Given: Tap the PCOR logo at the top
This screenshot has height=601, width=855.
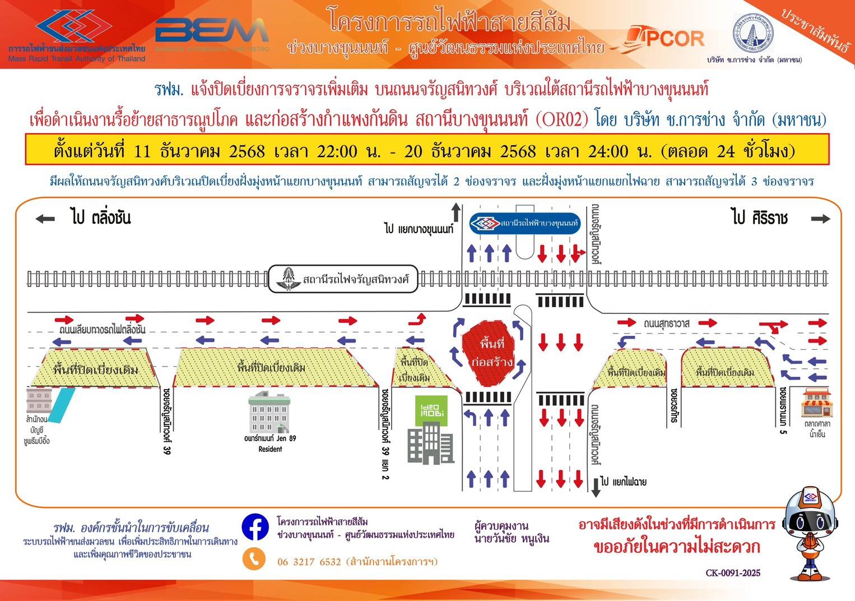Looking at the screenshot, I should [x=667, y=38].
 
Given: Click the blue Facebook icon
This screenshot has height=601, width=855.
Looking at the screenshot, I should [x=255, y=527].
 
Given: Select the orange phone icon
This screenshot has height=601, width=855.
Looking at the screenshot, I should [x=254, y=559].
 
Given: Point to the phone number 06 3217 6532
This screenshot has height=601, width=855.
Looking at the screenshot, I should [x=309, y=562].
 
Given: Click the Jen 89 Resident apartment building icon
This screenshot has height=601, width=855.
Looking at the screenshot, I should [x=269, y=412].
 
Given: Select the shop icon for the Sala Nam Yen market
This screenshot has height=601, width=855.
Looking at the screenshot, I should [x=816, y=403].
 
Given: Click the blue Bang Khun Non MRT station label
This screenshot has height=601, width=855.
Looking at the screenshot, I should [x=524, y=223].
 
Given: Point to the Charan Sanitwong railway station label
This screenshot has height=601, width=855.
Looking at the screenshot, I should [x=343, y=279].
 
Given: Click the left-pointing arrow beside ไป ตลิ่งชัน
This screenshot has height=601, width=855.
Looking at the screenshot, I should [x=45, y=219].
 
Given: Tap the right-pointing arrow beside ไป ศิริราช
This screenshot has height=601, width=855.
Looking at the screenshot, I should [x=820, y=219].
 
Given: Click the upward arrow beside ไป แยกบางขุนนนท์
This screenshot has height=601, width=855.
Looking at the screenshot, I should [x=456, y=213].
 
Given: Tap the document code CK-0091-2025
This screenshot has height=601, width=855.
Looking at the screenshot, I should [x=733, y=573].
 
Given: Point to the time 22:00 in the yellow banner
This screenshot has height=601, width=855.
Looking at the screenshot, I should [x=337, y=151].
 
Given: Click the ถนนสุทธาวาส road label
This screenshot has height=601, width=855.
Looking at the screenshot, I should [x=666, y=323].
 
